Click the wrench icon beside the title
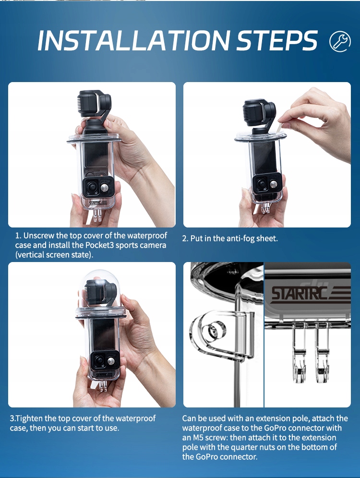tap(340, 41)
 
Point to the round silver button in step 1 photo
tap(105, 187)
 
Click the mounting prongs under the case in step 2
tap(265, 208)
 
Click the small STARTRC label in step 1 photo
tap(98, 203)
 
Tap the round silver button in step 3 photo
tap(111, 361)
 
